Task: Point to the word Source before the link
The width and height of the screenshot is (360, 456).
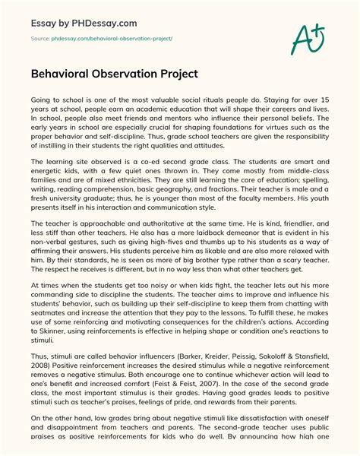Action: (x=40, y=37)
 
